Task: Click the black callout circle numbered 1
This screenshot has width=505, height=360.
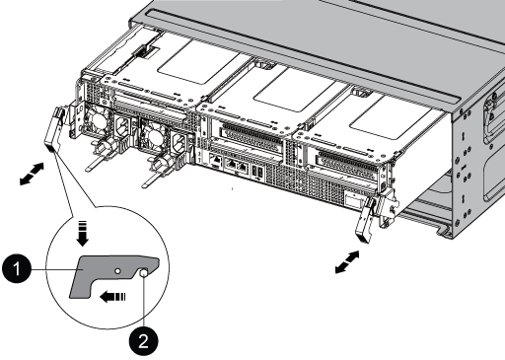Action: (17, 269)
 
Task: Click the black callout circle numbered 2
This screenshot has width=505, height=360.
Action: (143, 341)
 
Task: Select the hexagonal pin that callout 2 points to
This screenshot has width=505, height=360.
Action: (143, 272)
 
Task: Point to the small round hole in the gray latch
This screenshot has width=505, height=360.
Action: (117, 271)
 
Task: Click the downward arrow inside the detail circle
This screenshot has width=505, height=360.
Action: (83, 234)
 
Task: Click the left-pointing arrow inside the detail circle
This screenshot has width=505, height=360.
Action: (113, 297)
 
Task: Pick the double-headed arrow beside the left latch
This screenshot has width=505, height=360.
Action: (32, 174)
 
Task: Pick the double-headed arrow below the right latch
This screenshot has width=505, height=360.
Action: (347, 262)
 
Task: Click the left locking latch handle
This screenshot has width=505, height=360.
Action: (54, 129)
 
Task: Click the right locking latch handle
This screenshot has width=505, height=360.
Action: (366, 220)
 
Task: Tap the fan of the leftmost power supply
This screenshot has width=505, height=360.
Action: (97, 121)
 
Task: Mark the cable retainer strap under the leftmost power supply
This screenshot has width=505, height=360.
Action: (99, 157)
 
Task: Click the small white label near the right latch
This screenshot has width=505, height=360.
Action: (353, 201)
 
